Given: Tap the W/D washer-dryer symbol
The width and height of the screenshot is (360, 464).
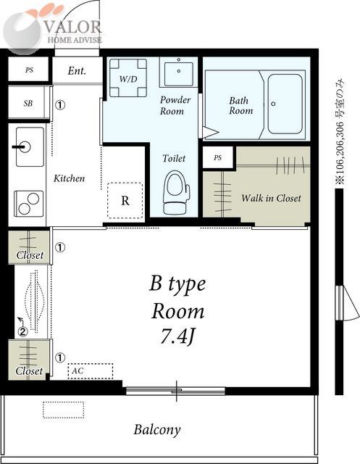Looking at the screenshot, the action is click(x=128, y=78).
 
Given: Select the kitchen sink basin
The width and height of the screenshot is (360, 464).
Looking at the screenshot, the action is click(x=30, y=146).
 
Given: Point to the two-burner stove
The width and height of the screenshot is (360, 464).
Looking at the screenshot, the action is click(x=29, y=204).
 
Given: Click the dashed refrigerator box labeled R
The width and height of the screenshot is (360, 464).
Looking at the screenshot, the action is click(x=125, y=200).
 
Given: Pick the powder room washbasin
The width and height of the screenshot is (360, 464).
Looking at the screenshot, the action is click(x=178, y=72).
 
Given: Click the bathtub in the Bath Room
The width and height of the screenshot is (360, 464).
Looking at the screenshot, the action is click(x=285, y=104).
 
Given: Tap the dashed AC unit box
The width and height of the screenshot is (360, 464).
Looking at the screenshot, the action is click(x=90, y=370).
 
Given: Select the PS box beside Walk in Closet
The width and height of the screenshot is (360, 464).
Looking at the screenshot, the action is click(x=218, y=157).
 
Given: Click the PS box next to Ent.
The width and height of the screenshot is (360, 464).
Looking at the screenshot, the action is click(x=28, y=70).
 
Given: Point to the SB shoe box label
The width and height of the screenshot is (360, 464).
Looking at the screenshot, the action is click(x=28, y=103).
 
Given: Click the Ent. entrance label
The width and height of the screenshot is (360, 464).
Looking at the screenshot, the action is click(x=77, y=71).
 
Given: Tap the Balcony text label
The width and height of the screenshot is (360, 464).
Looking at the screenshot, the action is click(x=157, y=430).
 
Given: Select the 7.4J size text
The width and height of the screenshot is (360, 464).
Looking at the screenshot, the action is click(x=178, y=336).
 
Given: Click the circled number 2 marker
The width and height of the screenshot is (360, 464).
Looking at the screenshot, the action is click(x=22, y=332).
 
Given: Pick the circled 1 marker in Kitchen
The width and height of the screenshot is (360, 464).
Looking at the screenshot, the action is click(x=60, y=105).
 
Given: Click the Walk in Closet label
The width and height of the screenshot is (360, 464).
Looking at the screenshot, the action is click(x=271, y=198).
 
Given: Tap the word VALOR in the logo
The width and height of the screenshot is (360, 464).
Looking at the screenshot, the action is click(x=72, y=28).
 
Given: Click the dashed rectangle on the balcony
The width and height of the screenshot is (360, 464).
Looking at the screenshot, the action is click(x=63, y=410).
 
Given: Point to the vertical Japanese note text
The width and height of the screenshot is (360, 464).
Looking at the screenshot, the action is click(x=340, y=132).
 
